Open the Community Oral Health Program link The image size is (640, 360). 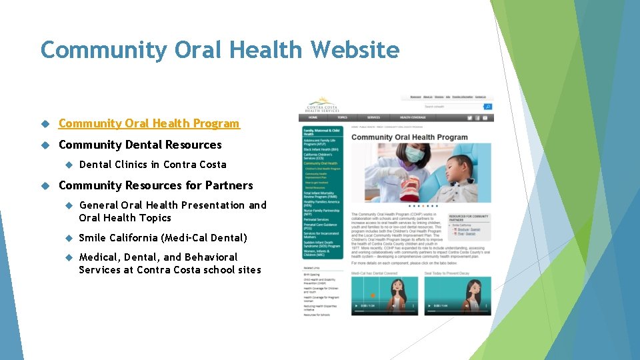[149, 123]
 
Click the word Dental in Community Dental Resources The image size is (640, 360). [143, 145]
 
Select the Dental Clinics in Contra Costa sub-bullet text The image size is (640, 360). [153, 165]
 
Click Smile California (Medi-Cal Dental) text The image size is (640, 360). [163, 238]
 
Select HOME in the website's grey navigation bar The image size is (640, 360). [312, 117]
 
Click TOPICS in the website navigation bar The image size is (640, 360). [342, 117]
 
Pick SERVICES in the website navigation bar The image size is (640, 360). [373, 117]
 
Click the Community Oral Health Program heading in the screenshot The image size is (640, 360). [409, 137]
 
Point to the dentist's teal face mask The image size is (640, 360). [415, 155]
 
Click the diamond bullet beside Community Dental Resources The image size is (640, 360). [45, 145]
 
